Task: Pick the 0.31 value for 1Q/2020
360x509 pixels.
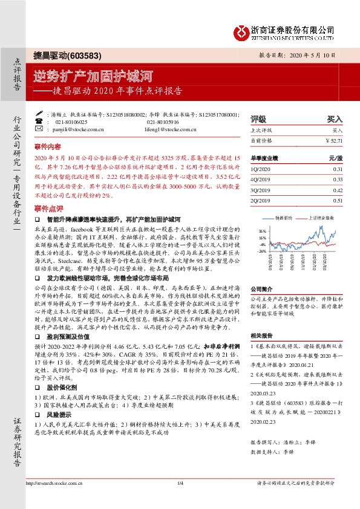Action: pyautogui.click(x=337, y=169)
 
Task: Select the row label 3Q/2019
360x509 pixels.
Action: pyautogui.click(x=261, y=189)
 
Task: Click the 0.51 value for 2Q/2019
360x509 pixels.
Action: pyautogui.click(x=337, y=199)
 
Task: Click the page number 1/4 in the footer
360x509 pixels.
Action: pyautogui.click(x=180, y=499)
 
